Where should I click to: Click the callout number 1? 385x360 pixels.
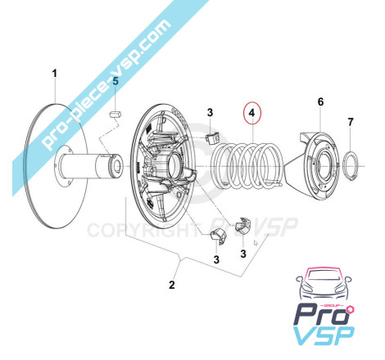(55, 74)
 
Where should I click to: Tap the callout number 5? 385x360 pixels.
(115, 81)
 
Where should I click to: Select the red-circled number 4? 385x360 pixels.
(252, 113)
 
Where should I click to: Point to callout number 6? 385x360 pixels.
(320, 101)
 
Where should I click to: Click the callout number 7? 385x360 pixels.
(351, 122)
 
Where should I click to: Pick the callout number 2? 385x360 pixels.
(172, 285)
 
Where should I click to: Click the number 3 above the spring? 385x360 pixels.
(210, 112)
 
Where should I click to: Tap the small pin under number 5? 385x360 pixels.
(115, 115)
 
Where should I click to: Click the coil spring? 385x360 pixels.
(247, 165)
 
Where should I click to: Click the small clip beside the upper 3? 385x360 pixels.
(212, 138)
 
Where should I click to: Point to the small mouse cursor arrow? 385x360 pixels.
(256, 243)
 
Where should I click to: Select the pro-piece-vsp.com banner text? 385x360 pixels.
(106, 84)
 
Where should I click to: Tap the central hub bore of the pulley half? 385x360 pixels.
(173, 165)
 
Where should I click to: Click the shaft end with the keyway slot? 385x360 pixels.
(115, 165)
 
